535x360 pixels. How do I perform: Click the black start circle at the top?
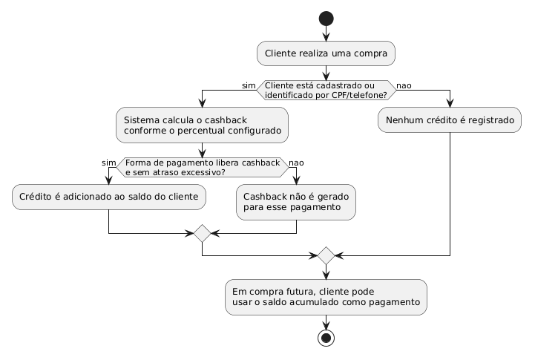[x=326, y=19]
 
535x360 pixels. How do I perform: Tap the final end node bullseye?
[x=326, y=338]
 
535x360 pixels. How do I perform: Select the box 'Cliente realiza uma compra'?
[x=326, y=53]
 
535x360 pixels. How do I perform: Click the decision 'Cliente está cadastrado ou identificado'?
[x=326, y=90]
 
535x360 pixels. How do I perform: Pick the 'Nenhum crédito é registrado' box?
[x=450, y=120]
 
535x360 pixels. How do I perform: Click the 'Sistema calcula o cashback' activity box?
[x=202, y=125]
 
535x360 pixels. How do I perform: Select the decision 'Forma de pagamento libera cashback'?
[x=203, y=167]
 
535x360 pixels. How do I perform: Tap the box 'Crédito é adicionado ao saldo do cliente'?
[x=109, y=197]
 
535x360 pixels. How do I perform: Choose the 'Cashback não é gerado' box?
[x=296, y=203]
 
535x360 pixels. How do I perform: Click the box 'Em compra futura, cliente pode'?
[x=326, y=297]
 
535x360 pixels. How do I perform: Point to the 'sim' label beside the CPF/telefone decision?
[x=249, y=85]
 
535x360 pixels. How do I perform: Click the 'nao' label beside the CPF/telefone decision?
[x=404, y=85]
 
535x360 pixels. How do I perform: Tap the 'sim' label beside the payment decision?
[x=108, y=163]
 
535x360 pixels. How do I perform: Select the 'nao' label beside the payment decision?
[x=296, y=163]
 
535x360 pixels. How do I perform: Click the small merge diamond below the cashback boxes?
[x=203, y=233]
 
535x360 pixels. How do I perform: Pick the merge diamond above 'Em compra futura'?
[x=326, y=255]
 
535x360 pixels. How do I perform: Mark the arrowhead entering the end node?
[x=326, y=326]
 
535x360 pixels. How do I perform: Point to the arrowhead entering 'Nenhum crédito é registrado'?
[x=450, y=103]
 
